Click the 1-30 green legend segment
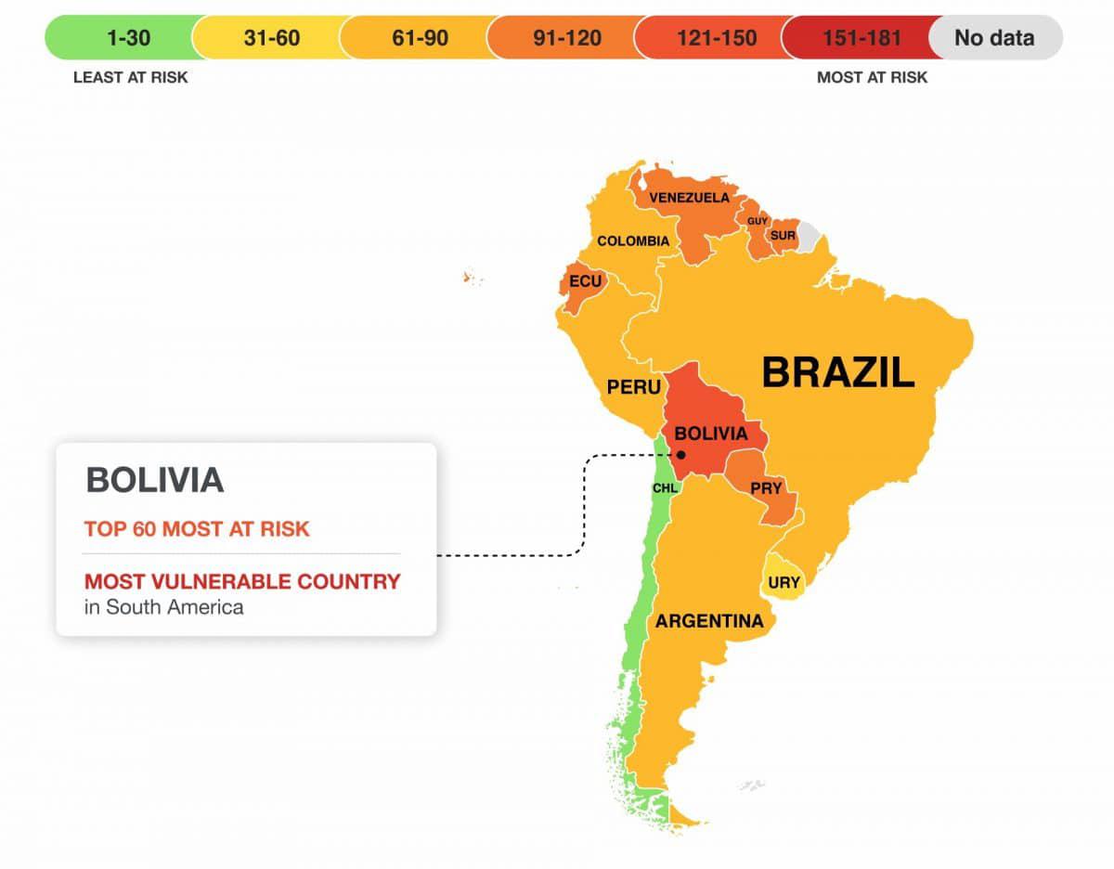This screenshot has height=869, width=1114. point(121,38)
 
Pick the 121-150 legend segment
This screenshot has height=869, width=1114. point(709,38)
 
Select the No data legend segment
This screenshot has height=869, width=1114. point(994,38)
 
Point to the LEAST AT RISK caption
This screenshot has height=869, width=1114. point(130,78)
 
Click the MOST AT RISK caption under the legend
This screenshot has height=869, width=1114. point(872,78)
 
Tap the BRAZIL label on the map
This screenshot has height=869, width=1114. point(837,372)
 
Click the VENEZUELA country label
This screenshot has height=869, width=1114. point(689,198)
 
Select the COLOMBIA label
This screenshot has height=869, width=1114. point(633,241)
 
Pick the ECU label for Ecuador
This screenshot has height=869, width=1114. point(585,280)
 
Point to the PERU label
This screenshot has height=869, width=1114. point(634,387)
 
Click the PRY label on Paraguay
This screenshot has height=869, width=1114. point(768,488)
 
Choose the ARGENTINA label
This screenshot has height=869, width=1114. point(709,621)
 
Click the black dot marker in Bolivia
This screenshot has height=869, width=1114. point(681,455)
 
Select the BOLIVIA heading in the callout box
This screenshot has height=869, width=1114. point(155,480)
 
